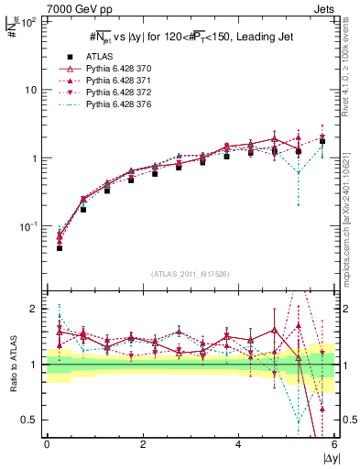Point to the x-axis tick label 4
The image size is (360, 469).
(x=239, y=446)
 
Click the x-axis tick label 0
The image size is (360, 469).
(x=47, y=446)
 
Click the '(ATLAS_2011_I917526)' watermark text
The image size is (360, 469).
(x=191, y=272)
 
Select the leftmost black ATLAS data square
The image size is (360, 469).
(x=60, y=248)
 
